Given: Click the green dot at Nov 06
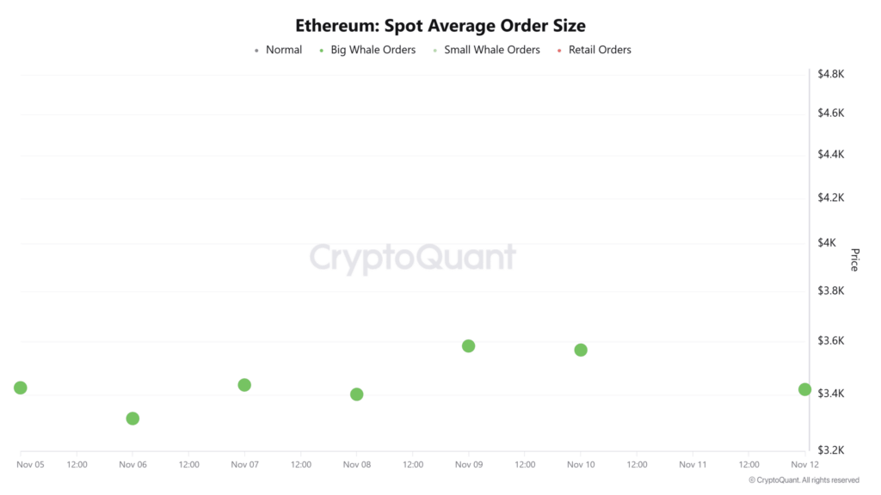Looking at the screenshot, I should (132, 419).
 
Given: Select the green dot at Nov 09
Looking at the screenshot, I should (469, 346).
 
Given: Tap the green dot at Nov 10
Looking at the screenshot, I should (581, 350).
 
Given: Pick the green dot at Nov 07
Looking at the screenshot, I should (244, 385).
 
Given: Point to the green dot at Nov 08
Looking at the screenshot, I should (357, 394).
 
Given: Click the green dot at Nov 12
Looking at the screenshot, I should (804, 389).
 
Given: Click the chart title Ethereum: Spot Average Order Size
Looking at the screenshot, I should (440, 26).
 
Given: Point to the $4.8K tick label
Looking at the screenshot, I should (832, 74).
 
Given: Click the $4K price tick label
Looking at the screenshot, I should (827, 243).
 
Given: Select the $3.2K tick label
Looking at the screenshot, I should (832, 449).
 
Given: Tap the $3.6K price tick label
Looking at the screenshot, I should (832, 341).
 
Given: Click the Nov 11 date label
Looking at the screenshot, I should (693, 464).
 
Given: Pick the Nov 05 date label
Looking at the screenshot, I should (31, 464).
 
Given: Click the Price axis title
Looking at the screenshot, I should (854, 260).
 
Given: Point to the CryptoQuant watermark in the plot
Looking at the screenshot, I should (413, 258).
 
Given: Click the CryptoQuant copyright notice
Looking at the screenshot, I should (804, 480).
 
